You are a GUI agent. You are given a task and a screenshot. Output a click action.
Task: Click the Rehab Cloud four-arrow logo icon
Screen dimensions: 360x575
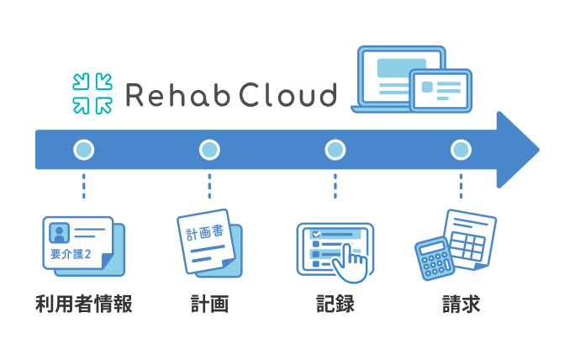92,93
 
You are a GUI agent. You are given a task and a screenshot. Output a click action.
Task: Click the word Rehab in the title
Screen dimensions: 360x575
171,94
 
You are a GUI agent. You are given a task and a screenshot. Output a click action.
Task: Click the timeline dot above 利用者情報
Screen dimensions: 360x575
83,151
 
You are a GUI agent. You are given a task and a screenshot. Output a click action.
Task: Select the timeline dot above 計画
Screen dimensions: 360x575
209,151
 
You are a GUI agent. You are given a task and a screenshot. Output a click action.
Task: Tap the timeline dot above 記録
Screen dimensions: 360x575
335,151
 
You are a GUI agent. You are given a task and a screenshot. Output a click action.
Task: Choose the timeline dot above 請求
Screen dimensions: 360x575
460,151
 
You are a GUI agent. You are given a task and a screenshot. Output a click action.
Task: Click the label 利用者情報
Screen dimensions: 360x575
83,304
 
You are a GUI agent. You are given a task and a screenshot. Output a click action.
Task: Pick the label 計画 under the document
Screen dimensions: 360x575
209,304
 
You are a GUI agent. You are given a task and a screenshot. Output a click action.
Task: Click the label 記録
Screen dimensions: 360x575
335,304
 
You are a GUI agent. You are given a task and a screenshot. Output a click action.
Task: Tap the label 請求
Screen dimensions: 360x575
461,304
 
